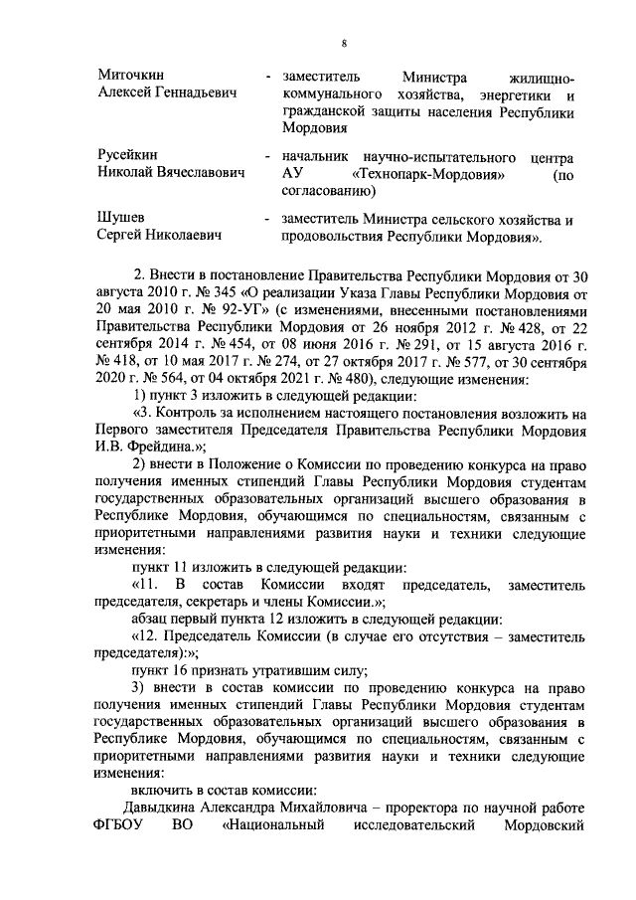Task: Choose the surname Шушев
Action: click(x=120, y=218)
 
